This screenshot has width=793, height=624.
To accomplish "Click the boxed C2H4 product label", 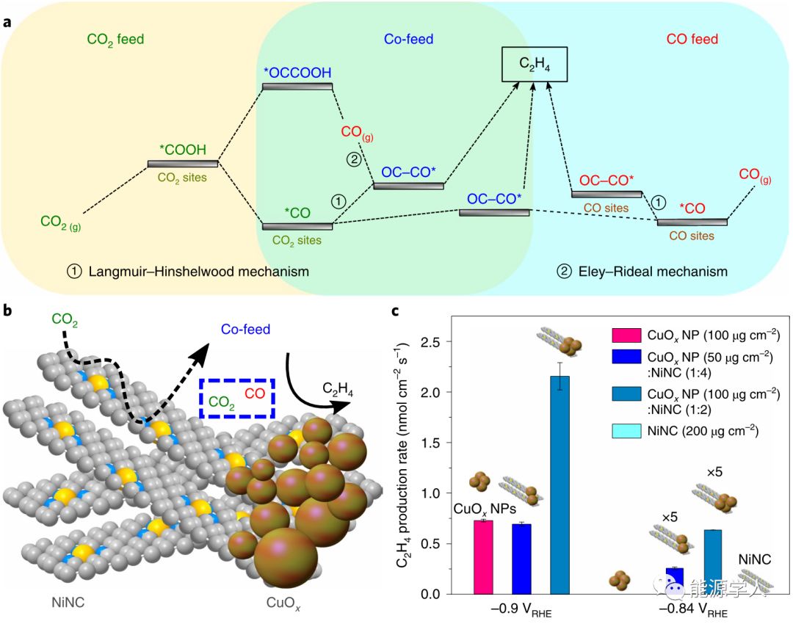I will pos(535,64).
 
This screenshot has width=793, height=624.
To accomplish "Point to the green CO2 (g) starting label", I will pos(61,221).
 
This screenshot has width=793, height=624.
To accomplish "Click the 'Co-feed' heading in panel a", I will pos(408,39).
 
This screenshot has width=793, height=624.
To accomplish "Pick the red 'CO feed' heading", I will pos(692,39).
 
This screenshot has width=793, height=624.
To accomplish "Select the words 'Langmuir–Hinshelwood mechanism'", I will pos(198,272).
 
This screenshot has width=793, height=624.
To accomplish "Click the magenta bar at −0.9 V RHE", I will pos(483,556).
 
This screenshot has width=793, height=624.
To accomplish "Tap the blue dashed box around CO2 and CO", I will pos(236,398).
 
